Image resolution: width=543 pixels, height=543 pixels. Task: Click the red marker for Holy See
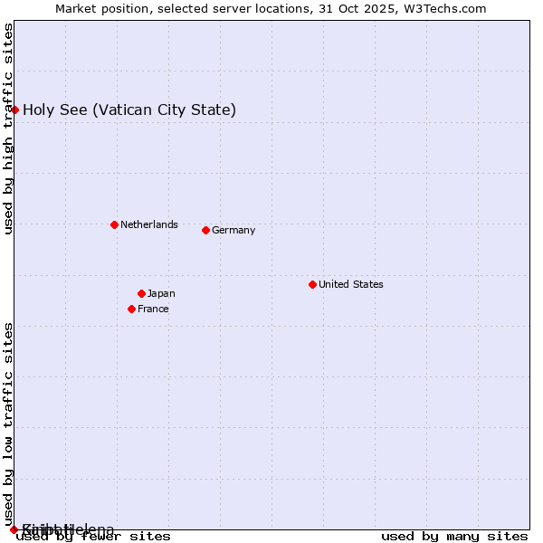tap(15, 110)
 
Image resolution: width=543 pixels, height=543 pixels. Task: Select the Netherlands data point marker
tap(114, 224)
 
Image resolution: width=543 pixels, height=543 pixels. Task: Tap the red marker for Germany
tap(205, 230)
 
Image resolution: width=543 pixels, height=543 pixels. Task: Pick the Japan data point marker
tap(141, 293)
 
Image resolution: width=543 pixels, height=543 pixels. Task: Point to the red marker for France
tap(131, 309)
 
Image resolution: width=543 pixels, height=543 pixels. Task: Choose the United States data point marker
tap(312, 284)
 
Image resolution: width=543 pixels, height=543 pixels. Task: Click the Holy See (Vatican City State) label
tap(129, 110)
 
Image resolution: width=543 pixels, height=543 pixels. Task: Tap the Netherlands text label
tap(149, 224)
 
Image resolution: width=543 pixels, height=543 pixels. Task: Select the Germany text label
tap(233, 230)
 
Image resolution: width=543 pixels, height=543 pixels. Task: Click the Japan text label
tap(161, 293)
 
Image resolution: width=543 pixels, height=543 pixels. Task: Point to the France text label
tap(153, 309)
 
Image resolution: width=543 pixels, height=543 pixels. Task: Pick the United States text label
tap(351, 284)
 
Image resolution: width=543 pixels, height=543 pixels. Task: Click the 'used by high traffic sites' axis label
tap(8, 129)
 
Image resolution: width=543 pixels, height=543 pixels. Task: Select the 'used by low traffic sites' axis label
tap(8, 424)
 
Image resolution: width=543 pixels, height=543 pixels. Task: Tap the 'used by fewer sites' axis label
tap(93, 537)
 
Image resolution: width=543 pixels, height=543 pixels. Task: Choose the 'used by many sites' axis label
tap(454, 537)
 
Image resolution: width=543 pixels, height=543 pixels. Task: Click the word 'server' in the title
tap(229, 8)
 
